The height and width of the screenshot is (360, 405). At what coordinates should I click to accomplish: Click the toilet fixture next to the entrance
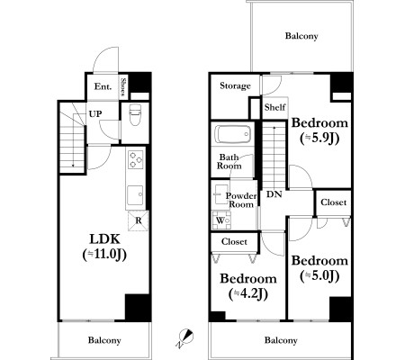point(135,114)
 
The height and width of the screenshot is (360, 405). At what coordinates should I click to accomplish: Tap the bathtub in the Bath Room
point(233,134)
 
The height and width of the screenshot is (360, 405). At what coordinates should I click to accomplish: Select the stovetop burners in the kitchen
point(136,159)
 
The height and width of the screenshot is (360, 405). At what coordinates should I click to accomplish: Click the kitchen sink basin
point(135,194)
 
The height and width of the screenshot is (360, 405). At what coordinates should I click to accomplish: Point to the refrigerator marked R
point(139,220)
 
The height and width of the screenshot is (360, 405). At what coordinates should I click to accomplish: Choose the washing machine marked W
point(221,220)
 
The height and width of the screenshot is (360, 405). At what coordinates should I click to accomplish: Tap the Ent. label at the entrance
point(103,86)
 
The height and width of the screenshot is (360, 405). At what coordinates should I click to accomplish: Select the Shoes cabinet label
point(123,86)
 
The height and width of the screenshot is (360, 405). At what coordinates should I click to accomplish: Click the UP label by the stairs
point(95,113)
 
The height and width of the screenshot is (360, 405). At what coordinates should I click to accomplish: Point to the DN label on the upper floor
point(274,194)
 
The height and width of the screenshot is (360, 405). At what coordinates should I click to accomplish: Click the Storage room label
point(235,85)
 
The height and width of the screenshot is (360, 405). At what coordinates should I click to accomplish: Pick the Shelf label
point(274,107)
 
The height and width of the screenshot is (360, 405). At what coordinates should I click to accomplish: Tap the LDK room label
point(105,239)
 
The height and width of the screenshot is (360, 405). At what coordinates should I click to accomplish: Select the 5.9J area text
point(319,138)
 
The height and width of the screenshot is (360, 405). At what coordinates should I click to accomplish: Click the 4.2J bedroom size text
point(248,294)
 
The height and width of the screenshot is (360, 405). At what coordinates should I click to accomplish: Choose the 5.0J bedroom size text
point(319,276)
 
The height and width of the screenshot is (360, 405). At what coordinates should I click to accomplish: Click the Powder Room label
point(241,200)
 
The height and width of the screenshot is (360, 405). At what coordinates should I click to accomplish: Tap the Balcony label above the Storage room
point(301,36)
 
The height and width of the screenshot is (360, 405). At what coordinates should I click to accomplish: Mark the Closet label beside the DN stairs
point(333,202)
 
